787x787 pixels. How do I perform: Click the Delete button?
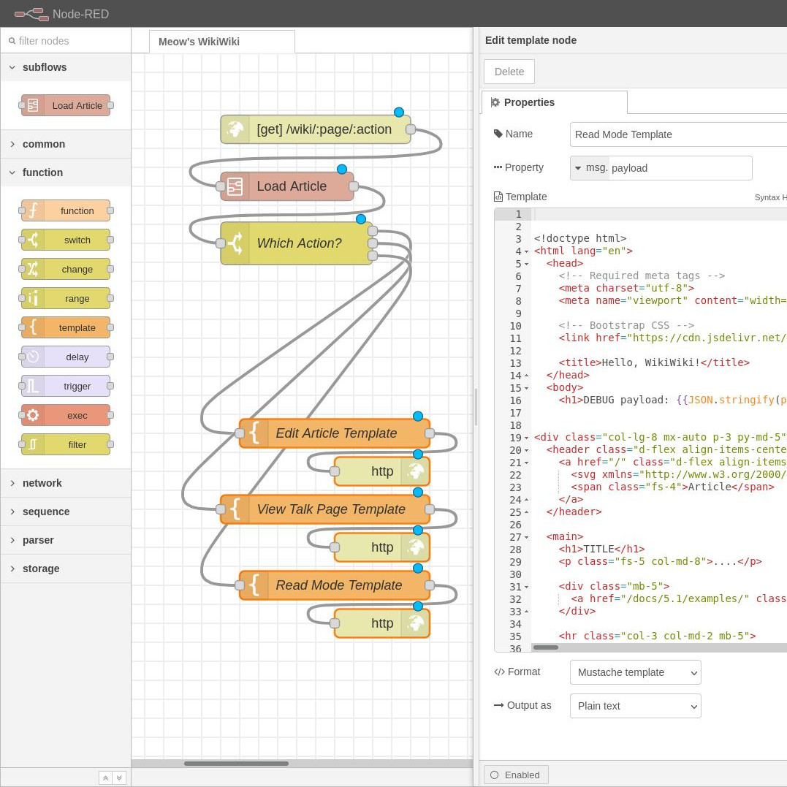coord(509,72)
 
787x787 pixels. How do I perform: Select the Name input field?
coord(678,134)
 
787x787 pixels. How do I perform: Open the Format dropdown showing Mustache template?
coord(636,672)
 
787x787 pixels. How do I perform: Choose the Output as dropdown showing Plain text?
coord(636,706)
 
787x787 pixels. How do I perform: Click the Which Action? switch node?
coord(297,243)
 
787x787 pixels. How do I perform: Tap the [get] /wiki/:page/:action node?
coord(316,129)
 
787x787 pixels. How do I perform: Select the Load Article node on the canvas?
coord(287,186)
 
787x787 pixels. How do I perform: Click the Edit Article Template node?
coord(335,433)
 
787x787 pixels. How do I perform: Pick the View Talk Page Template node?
coord(325,509)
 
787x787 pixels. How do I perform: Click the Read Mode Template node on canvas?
coord(335,585)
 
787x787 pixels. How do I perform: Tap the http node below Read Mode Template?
coord(382,623)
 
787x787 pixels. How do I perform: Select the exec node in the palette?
coord(66,415)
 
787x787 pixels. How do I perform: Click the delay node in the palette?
coord(66,357)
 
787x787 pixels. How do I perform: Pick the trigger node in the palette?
coord(66,386)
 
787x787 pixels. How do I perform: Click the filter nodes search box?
coord(66,41)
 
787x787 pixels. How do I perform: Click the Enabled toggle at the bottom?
coord(515,775)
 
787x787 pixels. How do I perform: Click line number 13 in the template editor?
coord(515,363)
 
